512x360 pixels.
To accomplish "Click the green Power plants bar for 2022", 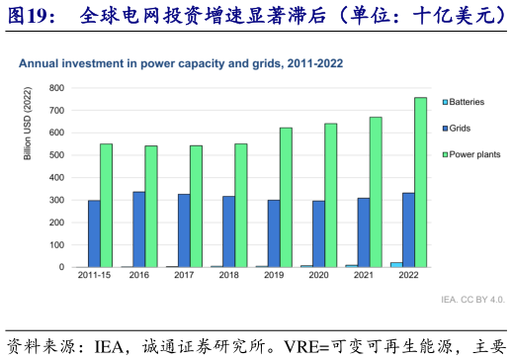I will click(420, 182).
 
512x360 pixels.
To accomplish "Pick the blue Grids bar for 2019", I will click(274, 233).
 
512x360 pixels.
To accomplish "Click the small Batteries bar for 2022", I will click(396, 264).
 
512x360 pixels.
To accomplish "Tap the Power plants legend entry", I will click(470, 154).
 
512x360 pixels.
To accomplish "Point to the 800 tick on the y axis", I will click(58, 88).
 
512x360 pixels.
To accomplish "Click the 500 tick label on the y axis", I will click(58, 155).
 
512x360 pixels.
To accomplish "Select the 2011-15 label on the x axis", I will click(94, 276).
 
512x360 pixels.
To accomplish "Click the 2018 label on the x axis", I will click(228, 276).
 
